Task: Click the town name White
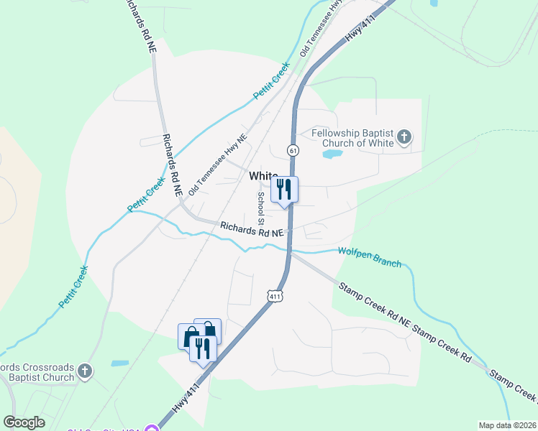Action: click(x=263, y=176)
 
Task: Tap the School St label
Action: click(x=261, y=206)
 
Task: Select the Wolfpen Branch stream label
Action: click(x=370, y=256)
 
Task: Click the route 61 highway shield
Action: click(x=292, y=150)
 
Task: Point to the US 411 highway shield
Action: click(x=275, y=295)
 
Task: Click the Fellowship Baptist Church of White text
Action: click(x=352, y=137)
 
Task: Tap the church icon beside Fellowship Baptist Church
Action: click(x=405, y=136)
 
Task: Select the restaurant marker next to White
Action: click(x=284, y=190)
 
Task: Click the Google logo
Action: click(x=24, y=422)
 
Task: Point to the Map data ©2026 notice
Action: click(x=508, y=425)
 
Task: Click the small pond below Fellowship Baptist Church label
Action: click(x=332, y=154)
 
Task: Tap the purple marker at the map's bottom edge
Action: click(x=152, y=429)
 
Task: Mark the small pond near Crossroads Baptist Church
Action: click(x=120, y=363)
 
